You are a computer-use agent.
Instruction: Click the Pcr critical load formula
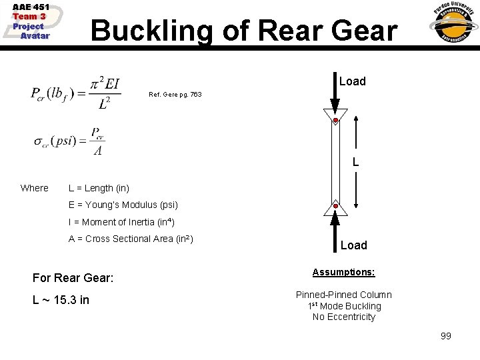pyautogui.click(x=75, y=94)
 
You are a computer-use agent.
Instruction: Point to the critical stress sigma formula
pyautogui.click(x=70, y=141)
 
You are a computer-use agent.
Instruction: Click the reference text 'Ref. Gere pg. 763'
pyautogui.click(x=175, y=95)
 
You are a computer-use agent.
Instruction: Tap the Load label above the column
pyautogui.click(x=352, y=81)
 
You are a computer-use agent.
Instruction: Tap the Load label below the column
pyautogui.click(x=353, y=245)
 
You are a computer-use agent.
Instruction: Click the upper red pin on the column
pyautogui.click(x=335, y=121)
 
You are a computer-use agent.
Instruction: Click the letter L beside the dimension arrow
pyautogui.click(x=356, y=162)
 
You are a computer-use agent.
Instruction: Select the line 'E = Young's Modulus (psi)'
pyautogui.click(x=123, y=205)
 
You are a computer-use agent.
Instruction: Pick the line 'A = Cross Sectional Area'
pyautogui.click(x=131, y=239)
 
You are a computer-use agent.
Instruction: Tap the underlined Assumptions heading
pyautogui.click(x=344, y=273)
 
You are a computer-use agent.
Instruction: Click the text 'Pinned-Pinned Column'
pyautogui.click(x=344, y=295)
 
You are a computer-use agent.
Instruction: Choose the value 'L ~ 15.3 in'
pyautogui.click(x=61, y=300)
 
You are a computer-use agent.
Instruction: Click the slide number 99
pyautogui.click(x=445, y=336)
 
